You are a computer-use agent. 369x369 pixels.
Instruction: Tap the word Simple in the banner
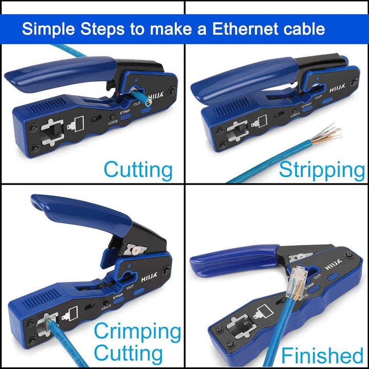point(48,29)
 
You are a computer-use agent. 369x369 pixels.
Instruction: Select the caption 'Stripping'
point(321,169)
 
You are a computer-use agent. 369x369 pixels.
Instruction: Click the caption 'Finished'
point(322,355)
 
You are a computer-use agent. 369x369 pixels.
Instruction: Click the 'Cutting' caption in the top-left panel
point(138,169)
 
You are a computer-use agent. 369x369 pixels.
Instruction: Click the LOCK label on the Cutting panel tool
point(114,121)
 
